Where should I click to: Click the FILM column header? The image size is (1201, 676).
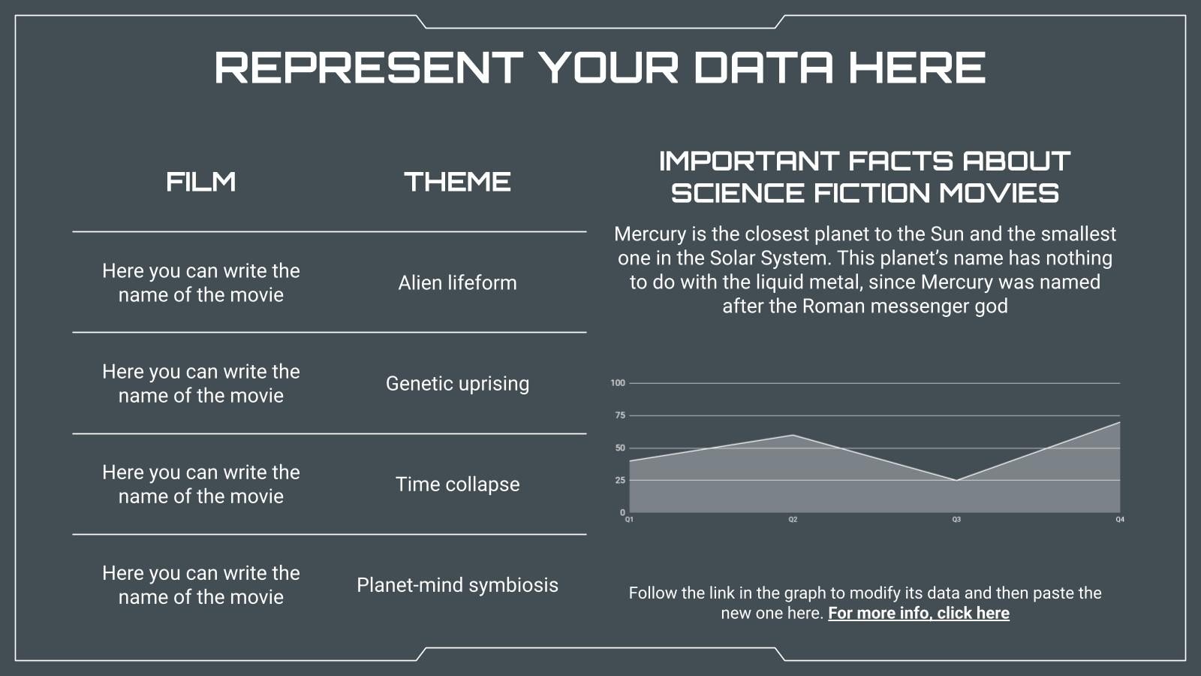point(201,181)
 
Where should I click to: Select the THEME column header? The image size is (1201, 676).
point(457,181)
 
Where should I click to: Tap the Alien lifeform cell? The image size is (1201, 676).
point(457,282)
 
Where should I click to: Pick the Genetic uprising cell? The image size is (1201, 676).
point(457,384)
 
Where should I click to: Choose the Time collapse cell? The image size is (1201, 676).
point(457,484)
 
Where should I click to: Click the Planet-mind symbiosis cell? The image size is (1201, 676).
point(457,585)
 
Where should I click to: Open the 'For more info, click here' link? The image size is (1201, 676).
point(919,613)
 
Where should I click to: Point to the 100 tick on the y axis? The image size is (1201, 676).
point(618,383)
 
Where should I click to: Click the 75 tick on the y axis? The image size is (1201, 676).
point(620,415)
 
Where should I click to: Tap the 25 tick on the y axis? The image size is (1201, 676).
point(620,480)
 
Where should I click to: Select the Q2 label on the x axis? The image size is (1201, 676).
point(793,519)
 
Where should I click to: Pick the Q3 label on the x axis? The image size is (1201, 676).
point(956,519)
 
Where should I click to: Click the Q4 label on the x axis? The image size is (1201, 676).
point(1120,519)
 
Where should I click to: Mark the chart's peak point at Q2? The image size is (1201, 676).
point(793,435)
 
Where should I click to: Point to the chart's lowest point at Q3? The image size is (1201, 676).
point(956,480)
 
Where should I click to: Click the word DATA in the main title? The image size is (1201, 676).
point(763,68)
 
